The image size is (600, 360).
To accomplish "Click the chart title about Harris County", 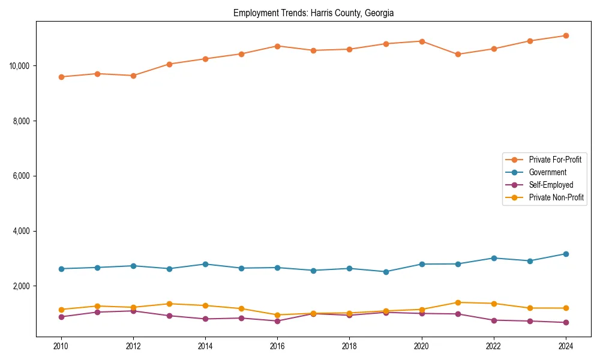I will (x=313, y=13).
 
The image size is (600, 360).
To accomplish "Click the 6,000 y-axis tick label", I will (x=22, y=176).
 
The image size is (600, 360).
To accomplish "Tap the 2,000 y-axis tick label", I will (x=22, y=286).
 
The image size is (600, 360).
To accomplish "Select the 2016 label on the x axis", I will (x=277, y=346).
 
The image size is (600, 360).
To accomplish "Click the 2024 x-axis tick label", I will (x=566, y=346).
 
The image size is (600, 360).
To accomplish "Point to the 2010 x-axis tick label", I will (x=61, y=346).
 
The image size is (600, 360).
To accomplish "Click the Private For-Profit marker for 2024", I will (x=566, y=35).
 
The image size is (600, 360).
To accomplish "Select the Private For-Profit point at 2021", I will (x=458, y=54).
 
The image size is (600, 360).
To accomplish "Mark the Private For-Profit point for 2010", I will (x=61, y=77).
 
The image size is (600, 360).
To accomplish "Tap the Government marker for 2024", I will (x=566, y=254).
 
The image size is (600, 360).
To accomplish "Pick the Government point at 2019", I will (x=386, y=272).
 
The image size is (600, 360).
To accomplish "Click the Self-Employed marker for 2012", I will (x=133, y=311).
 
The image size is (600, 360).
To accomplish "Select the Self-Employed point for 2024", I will (x=566, y=322).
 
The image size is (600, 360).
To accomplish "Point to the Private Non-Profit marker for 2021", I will (x=458, y=302).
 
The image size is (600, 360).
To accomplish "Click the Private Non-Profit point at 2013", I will (x=169, y=304).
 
